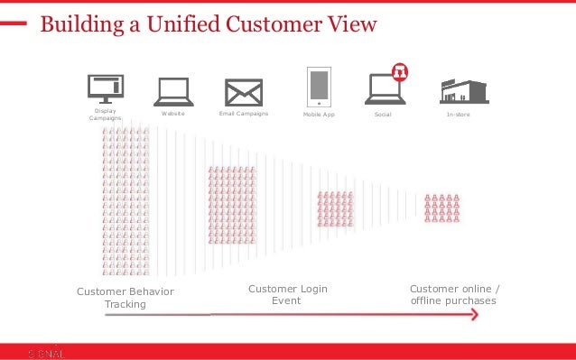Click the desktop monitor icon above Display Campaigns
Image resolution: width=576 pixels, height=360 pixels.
click(x=106, y=88)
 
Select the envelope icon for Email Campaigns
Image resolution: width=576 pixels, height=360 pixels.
click(x=244, y=92)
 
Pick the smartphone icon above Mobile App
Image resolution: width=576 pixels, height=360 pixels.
click(x=318, y=87)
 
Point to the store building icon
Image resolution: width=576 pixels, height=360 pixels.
click(x=464, y=91)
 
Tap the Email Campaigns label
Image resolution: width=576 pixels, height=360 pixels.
click(x=244, y=115)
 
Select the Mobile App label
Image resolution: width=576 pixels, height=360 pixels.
click(x=319, y=115)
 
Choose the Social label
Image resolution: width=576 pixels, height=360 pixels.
click(x=383, y=115)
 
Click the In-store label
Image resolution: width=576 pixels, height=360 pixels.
click(x=458, y=115)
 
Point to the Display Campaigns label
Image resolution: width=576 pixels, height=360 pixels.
click(x=106, y=116)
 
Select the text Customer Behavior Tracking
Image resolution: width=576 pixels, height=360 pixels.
click(x=125, y=298)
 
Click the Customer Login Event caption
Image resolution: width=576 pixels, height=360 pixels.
click(x=287, y=294)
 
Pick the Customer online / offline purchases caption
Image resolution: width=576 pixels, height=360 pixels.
click(x=453, y=294)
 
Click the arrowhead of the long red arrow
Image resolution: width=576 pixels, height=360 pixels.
click(x=474, y=315)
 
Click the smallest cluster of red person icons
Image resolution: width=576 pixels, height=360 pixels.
click(x=443, y=208)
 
